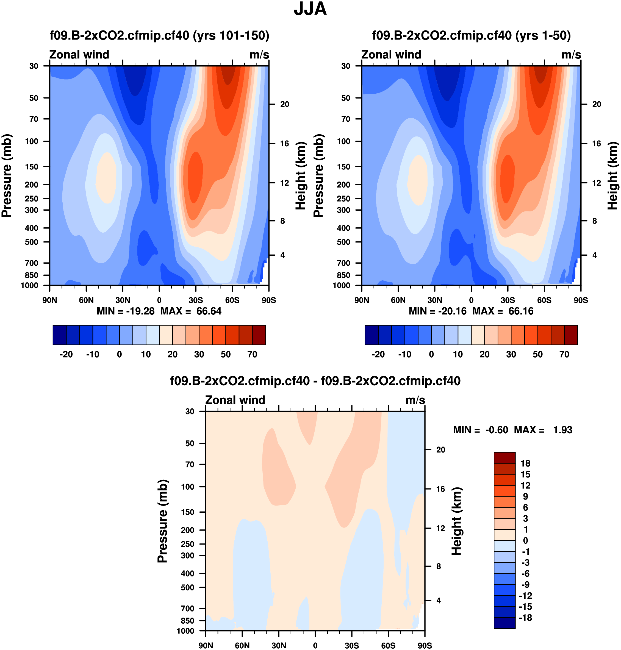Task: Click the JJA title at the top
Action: [310, 9]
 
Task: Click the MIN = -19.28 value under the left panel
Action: [126, 311]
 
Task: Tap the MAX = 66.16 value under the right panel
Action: [503, 311]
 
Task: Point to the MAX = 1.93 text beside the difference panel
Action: [543, 430]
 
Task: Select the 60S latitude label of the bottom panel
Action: [388, 645]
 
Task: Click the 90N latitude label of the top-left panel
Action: [50, 300]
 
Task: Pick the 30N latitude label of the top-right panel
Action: [435, 300]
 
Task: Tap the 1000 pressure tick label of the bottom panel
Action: [185, 631]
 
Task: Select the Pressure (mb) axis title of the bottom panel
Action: [163, 521]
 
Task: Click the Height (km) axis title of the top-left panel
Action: [300, 176]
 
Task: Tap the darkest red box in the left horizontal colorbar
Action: [259, 335]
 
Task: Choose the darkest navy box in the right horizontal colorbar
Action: [372, 335]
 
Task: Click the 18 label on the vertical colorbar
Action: [525, 464]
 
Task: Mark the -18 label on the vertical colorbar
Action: [525, 618]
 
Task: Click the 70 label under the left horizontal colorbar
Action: [252, 354]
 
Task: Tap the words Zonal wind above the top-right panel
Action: [391, 55]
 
